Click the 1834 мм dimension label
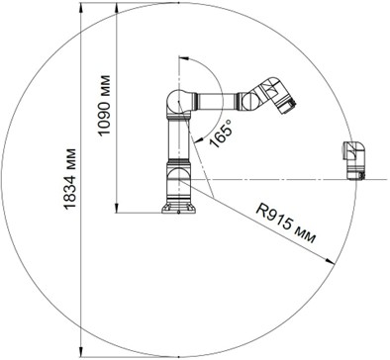[x=70, y=179]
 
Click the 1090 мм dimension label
[x=104, y=106]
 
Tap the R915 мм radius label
[x=286, y=224]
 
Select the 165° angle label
[x=221, y=134]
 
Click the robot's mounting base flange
[x=178, y=209]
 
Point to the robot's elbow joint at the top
[x=178, y=102]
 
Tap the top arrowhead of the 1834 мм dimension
[x=81, y=8]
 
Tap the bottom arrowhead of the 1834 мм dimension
[x=81, y=352]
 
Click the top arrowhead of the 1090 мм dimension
[x=116, y=8]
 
